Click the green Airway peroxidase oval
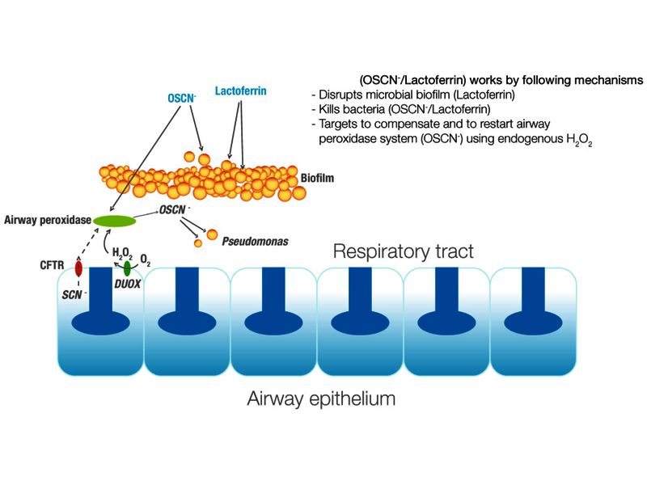coord(113,221)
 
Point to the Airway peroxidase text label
coord(45,220)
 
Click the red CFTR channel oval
coord(79,268)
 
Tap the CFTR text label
coord(51,264)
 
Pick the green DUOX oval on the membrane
coord(127,268)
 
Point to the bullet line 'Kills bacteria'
coord(385,110)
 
